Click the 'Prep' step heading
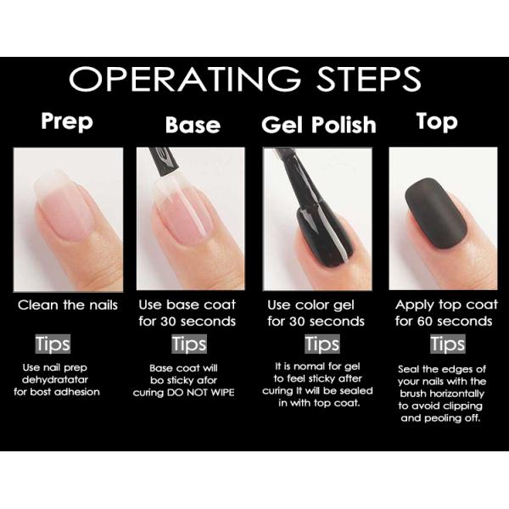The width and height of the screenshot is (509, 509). pyautogui.click(x=68, y=121)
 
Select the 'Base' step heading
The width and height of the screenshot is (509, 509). pyautogui.click(x=193, y=126)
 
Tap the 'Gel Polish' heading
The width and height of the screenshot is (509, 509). pyautogui.click(x=318, y=125)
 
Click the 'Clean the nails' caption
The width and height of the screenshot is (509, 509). pyautogui.click(x=68, y=305)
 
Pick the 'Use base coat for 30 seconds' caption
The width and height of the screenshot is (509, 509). pyautogui.click(x=188, y=313)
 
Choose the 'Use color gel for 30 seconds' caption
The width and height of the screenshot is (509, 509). pyautogui.click(x=316, y=313)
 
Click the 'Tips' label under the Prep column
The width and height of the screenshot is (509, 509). pyautogui.click(x=53, y=344)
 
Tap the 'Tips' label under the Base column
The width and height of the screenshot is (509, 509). pyautogui.click(x=188, y=344)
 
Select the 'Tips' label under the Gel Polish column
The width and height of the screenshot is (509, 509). pyautogui.click(x=322, y=344)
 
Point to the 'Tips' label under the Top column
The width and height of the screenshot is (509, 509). pyautogui.click(x=447, y=344)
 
